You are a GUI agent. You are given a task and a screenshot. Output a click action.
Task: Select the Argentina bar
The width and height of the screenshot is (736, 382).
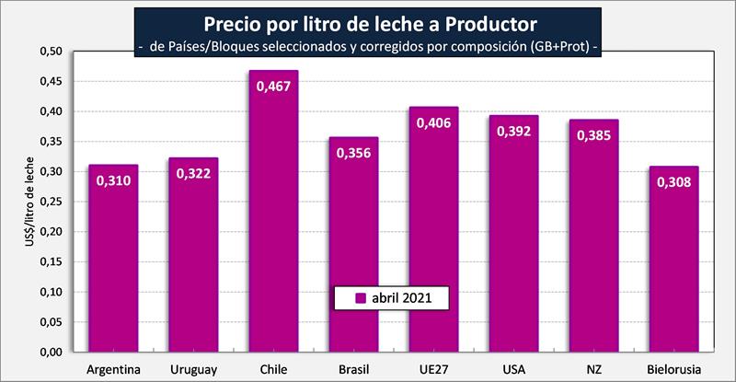click(112, 267)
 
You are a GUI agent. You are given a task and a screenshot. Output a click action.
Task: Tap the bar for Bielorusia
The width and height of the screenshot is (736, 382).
click(673, 267)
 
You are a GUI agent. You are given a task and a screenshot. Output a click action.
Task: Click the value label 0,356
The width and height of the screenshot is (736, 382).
click(353, 153)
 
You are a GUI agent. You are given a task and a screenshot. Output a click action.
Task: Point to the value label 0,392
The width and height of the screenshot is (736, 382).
click(513, 132)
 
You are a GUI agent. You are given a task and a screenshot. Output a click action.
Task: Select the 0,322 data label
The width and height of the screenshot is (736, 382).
click(193, 173)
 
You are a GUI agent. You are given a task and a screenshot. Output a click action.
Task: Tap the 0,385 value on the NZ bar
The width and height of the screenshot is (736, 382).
click(593, 135)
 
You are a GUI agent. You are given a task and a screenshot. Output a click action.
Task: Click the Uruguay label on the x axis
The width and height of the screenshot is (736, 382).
click(192, 369)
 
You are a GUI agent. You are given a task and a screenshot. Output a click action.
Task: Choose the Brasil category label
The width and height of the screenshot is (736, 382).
click(353, 369)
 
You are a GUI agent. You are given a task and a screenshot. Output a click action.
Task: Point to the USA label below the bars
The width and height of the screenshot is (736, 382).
click(513, 369)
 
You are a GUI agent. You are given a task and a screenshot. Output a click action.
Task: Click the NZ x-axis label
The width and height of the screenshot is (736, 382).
click(593, 369)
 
